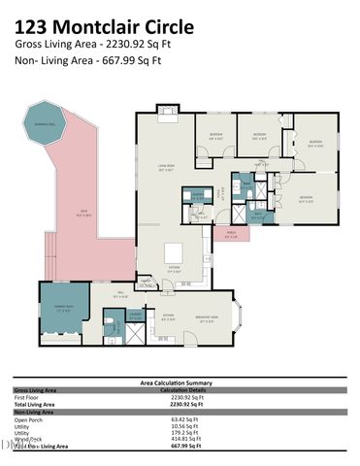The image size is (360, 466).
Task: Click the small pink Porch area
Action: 231,234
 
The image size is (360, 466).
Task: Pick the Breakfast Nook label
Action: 207,316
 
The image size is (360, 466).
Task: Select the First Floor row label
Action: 26,397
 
